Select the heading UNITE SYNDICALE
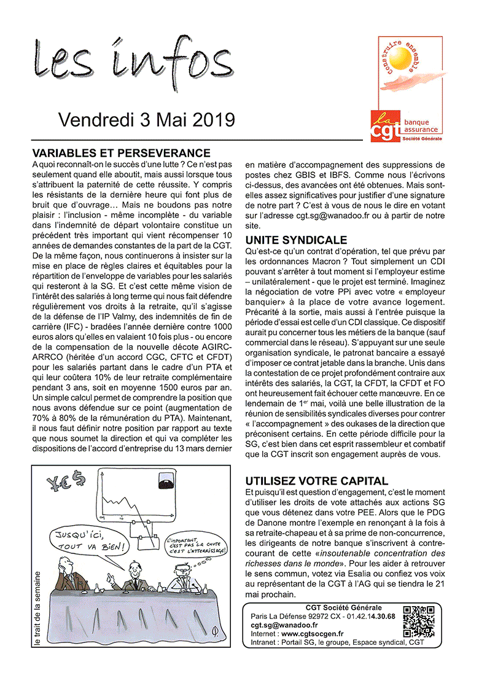(297, 240)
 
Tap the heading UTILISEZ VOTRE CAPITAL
(317, 481)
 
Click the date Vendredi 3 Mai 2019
(146, 119)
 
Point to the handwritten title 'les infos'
(129, 66)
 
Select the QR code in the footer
(416, 621)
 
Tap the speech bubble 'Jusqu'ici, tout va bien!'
(90, 539)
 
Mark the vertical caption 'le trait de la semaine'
(37, 608)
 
